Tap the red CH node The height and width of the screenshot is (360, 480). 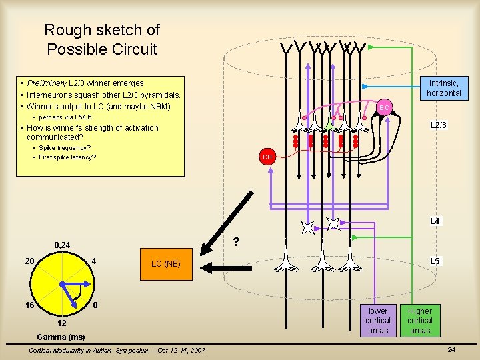(x=267, y=157)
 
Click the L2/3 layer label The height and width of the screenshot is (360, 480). (x=438, y=125)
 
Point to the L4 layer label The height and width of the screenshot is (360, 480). (x=435, y=221)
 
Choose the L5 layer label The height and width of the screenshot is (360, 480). (x=435, y=261)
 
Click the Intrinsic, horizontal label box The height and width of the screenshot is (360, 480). (x=444, y=88)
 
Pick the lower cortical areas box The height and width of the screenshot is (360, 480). (x=378, y=321)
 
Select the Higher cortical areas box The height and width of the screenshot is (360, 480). (x=420, y=321)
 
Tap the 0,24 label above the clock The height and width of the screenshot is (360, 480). (x=62, y=245)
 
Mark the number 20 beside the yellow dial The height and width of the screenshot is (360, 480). (x=30, y=260)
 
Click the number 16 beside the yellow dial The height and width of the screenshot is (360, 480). (x=30, y=305)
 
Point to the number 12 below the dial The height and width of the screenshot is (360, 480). (x=61, y=323)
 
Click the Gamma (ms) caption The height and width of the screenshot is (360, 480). (x=61, y=337)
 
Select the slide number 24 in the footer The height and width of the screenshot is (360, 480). (x=451, y=350)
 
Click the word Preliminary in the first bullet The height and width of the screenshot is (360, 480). (x=47, y=83)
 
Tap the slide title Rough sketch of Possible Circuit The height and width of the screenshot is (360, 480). (x=101, y=39)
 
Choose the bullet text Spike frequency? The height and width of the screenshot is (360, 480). (x=65, y=147)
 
